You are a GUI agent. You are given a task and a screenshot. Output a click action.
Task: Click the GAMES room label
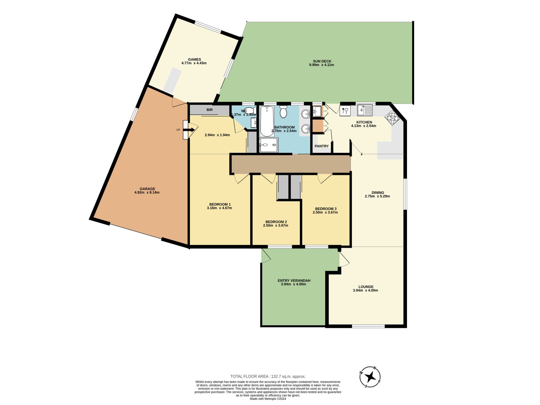point(194,59)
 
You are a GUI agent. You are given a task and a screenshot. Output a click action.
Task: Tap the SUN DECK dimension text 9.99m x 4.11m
point(321,65)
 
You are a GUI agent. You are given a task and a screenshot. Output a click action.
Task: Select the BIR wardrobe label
point(210,110)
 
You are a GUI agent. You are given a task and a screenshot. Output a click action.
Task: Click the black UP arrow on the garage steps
point(187,130)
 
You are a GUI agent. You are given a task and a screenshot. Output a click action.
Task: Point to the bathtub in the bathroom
point(267,121)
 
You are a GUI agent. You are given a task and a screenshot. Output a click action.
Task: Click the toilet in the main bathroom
point(283,112)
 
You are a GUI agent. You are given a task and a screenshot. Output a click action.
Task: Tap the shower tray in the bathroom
point(269,145)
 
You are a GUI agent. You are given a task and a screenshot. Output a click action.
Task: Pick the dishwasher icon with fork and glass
point(345,111)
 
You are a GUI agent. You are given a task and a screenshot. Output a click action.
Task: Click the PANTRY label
point(322,146)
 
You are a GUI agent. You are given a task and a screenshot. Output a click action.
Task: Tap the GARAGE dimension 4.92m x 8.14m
point(147,193)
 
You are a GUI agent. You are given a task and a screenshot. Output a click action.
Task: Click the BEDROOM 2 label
point(276,222)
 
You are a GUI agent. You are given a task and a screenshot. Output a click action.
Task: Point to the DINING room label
point(378,193)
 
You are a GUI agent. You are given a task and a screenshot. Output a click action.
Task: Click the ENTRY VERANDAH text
point(294,280)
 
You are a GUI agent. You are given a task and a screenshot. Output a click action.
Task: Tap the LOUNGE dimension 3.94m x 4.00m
point(366,291)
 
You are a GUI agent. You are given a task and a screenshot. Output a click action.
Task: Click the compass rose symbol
point(370,377)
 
